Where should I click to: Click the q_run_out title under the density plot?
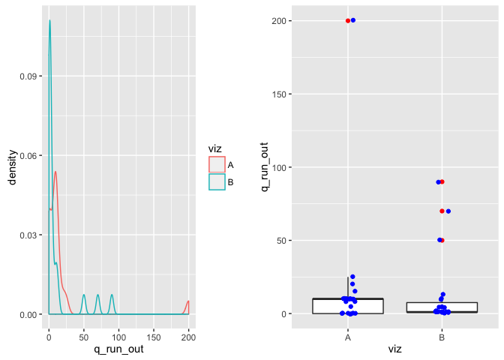(x=118, y=349)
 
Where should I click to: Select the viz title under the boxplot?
(x=394, y=349)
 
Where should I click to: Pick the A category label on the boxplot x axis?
(x=348, y=338)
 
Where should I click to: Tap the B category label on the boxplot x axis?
(x=442, y=338)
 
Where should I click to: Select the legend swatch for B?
(x=217, y=182)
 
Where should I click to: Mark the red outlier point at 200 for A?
(x=348, y=20)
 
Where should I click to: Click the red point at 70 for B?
(x=442, y=211)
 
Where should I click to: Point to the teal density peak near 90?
(x=112, y=295)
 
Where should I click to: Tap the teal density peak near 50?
(x=84, y=295)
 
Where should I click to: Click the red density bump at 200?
(x=188, y=301)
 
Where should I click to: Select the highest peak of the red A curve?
(x=55, y=172)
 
